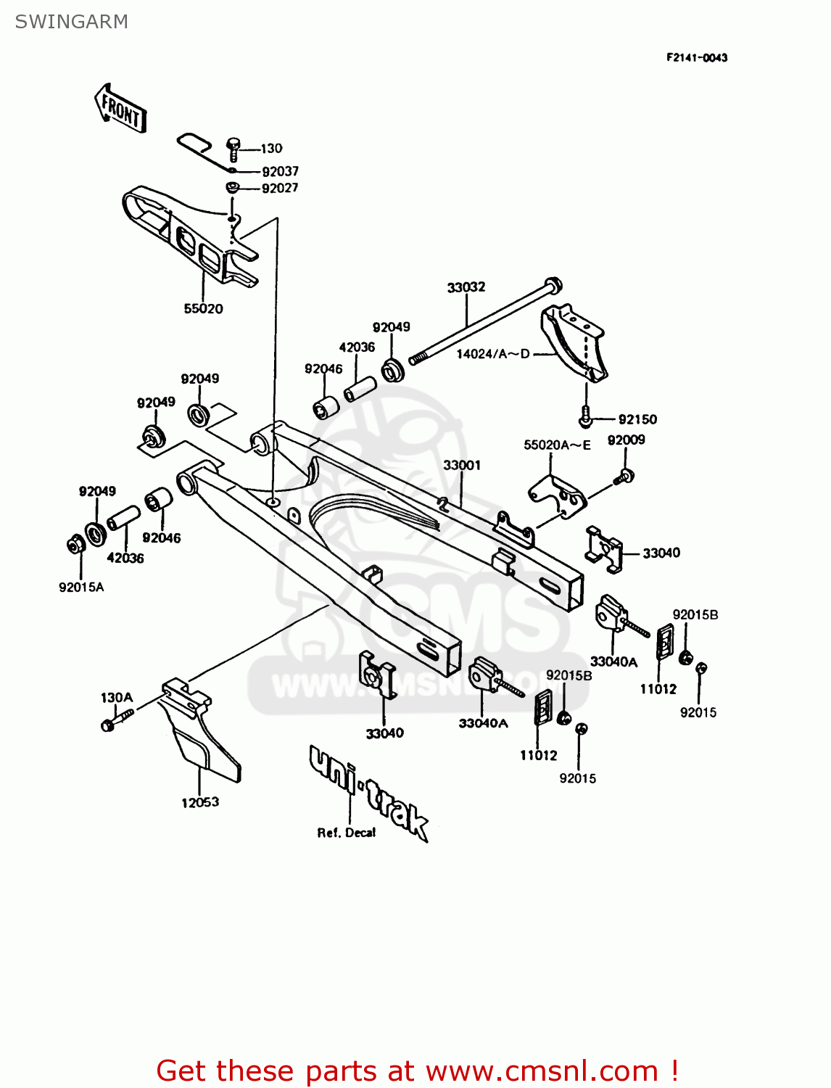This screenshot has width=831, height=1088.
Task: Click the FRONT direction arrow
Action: [120, 109]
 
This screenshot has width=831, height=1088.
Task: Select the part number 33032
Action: [466, 287]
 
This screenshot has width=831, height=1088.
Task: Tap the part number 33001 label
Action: [462, 465]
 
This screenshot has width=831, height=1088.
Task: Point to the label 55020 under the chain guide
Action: [203, 308]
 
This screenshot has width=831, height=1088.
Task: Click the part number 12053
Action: [200, 802]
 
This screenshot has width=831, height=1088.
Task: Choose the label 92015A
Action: [81, 587]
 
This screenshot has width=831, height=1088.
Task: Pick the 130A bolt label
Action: [117, 698]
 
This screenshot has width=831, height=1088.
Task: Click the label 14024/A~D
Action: [493, 354]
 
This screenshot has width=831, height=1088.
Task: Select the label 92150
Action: [637, 419]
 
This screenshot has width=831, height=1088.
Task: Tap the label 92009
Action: [626, 440]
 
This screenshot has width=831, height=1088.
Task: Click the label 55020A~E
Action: [557, 445]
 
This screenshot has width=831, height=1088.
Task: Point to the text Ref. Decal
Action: [346, 833]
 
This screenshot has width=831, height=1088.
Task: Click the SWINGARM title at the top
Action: [71, 22]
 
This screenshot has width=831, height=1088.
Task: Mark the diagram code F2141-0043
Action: [697, 57]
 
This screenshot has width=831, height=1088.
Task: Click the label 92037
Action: [280, 171]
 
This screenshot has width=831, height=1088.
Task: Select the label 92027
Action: [280, 188]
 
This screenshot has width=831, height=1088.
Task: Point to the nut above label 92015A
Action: [74, 543]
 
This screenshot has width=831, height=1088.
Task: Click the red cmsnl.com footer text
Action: [417, 1071]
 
